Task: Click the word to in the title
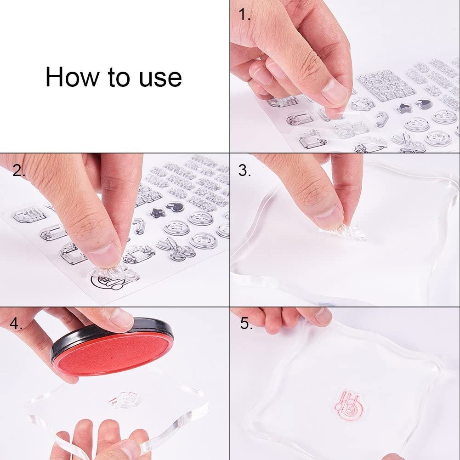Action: [119, 77]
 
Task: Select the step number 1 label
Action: [244, 14]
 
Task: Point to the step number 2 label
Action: [19, 170]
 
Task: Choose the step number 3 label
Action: [244, 170]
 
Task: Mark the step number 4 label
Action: [16, 324]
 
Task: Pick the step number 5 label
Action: [246, 324]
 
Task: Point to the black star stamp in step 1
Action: [403, 108]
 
